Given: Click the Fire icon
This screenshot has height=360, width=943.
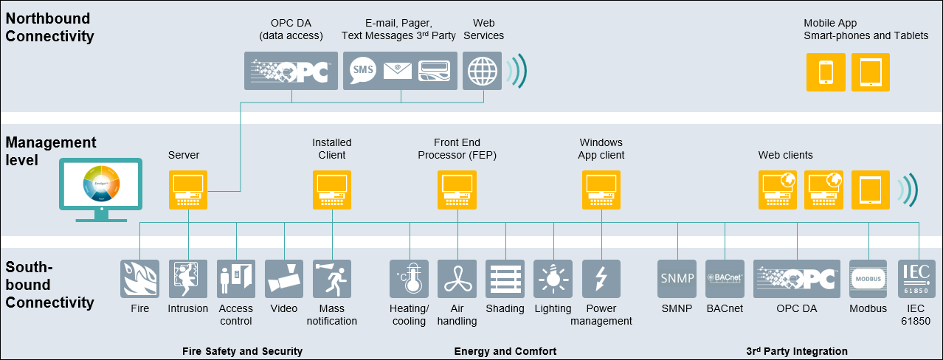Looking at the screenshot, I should pos(139,278).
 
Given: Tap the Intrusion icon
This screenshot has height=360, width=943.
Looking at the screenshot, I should pos(188,278).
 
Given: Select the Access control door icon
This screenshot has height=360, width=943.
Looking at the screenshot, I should pos(236,278).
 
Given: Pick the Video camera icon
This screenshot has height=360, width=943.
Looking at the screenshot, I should pos(284,278).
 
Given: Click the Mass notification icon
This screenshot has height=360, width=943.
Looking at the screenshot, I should pos(332,278).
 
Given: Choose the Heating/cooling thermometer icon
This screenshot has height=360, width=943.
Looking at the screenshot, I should pos(410,278).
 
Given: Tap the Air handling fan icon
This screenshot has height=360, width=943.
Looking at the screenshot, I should pos(457,278).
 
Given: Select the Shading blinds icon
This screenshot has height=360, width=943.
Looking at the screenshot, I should pos(505,278).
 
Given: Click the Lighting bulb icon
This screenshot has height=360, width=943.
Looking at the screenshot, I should pos(553,278).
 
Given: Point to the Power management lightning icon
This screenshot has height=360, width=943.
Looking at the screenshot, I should pos(601,278).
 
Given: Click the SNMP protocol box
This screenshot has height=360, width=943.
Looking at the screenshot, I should pos(677,278).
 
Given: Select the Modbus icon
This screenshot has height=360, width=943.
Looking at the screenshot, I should pos(868,278).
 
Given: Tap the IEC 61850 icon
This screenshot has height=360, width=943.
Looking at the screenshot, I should pos(916,278).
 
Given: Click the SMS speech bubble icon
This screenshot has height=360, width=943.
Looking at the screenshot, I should pos(362,70).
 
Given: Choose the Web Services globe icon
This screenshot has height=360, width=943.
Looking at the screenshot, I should pos(483,71).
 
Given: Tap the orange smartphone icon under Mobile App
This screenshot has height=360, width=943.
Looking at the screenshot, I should pos(826,72).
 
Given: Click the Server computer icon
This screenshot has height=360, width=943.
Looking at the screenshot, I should pos(188,190).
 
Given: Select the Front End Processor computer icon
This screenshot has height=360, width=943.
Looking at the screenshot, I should pos(457,190).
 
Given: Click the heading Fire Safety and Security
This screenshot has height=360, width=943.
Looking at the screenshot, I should pos(242,351).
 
